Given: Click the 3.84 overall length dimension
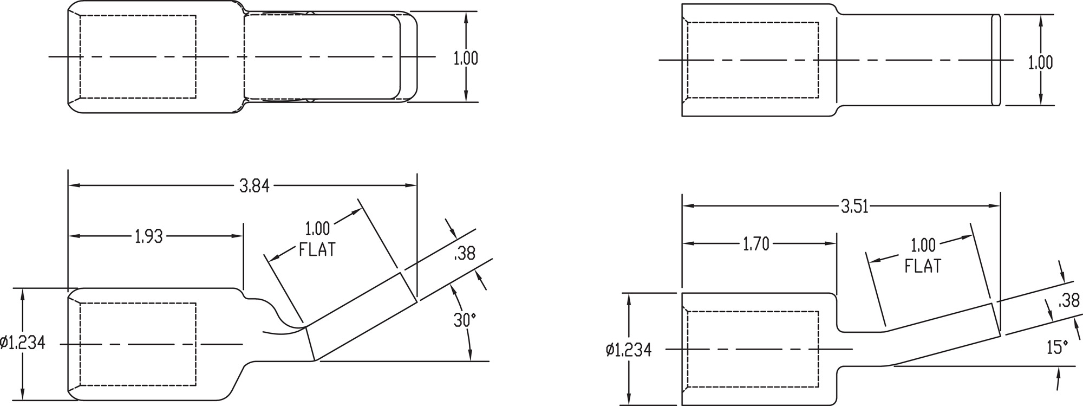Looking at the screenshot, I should [x=254, y=186].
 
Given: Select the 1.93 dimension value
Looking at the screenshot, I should [x=148, y=236].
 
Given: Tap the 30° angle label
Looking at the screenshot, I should [x=464, y=320].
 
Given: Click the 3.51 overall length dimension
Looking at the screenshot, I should [x=854, y=207].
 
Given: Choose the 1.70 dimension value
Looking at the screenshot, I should [x=755, y=244].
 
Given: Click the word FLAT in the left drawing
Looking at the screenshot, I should [x=317, y=250].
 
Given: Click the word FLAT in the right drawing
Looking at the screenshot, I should [x=923, y=266].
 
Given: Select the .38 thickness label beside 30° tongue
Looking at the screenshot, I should [x=465, y=253].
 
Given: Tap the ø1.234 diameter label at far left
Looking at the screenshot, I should [x=23, y=343].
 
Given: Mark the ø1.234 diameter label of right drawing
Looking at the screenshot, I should [x=628, y=350].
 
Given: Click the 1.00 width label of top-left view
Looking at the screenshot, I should [x=466, y=59].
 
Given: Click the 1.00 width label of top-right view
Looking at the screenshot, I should [x=1040, y=63].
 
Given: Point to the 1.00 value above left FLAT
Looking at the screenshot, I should [x=317, y=228].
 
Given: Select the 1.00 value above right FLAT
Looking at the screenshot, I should [x=923, y=246].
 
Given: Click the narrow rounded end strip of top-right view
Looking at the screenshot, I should [x=995, y=60].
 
